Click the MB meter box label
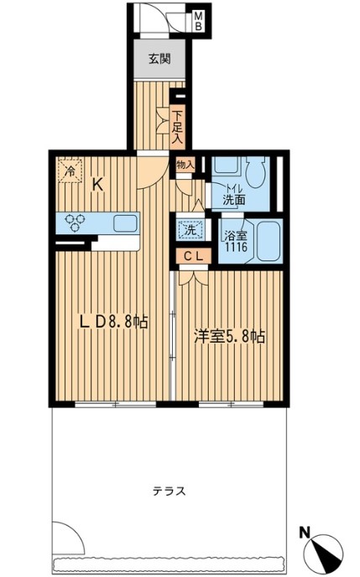[x=199, y=21]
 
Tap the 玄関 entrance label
[x=159, y=59]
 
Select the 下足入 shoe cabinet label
[x=178, y=128]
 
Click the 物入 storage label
[x=185, y=165]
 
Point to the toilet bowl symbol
[x=255, y=173]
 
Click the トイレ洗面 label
[x=234, y=195]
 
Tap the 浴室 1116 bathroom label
[x=236, y=241]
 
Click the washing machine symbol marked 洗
[x=190, y=230]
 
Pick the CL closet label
[x=193, y=257]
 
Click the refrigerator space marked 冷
[x=70, y=170]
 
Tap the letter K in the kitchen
[x=97, y=185]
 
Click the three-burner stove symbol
[x=75, y=223]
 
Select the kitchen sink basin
[x=125, y=223]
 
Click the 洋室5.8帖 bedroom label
[x=230, y=336]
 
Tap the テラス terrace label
[x=170, y=490]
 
